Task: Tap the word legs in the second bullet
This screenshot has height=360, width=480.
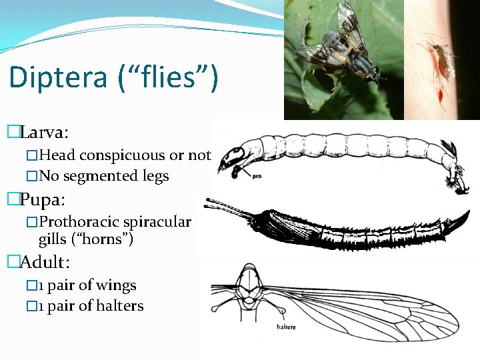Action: [153, 177]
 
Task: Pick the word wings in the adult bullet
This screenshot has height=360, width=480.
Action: [117, 285]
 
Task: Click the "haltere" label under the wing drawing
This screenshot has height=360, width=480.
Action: [287, 327]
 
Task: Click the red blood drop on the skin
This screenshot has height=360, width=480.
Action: [441, 98]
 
